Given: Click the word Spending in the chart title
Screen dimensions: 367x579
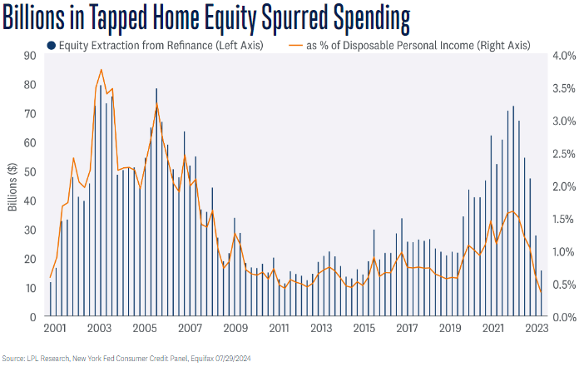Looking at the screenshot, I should [359, 17].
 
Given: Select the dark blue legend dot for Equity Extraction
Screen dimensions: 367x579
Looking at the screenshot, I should [52, 46].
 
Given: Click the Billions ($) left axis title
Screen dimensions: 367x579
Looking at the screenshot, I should [13, 186].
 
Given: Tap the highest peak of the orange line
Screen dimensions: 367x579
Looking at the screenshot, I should [101, 70].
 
